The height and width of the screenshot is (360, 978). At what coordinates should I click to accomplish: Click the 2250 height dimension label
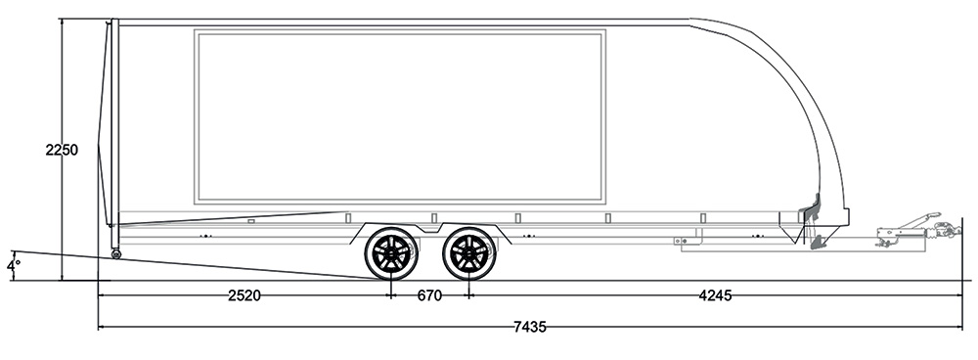tap(62, 151)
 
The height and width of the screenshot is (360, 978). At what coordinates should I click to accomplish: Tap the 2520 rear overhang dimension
tap(244, 295)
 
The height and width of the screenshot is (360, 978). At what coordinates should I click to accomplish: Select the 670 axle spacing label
tap(429, 295)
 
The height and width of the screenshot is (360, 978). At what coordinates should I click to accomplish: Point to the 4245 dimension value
tap(715, 295)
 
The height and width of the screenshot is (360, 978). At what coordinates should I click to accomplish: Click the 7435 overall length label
tap(529, 327)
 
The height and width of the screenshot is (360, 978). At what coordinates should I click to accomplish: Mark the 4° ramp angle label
tap(13, 266)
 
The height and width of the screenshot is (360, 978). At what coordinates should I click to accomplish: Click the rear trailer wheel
tap(392, 254)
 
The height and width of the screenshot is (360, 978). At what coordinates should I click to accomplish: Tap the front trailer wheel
tap(469, 254)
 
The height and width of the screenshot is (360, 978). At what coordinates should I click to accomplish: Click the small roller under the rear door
tap(115, 254)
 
